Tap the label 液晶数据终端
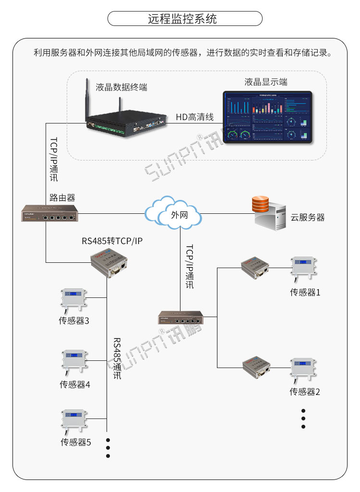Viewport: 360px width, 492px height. (121, 87)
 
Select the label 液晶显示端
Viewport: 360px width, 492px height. (266, 82)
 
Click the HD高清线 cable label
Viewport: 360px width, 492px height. (194, 117)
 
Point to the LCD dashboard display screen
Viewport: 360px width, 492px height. (267, 117)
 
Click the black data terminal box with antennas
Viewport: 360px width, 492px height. (126, 120)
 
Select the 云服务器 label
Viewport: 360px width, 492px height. (307, 218)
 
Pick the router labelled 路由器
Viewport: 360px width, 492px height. (49, 213)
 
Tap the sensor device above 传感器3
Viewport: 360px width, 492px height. (73, 299)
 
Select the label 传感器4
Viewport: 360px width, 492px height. (75, 384)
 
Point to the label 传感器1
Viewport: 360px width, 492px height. (305, 292)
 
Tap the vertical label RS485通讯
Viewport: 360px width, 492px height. (117, 358)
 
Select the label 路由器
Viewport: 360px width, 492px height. (62, 197)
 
